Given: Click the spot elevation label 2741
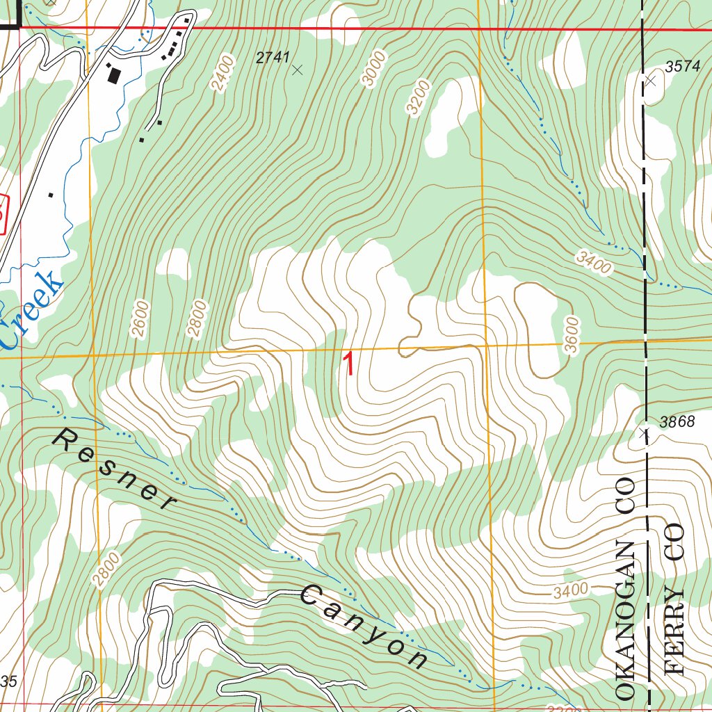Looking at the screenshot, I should click(272, 58).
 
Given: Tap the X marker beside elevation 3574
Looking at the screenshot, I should click(651, 81).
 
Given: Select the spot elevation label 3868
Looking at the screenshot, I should click(677, 422).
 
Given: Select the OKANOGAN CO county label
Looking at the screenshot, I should click(625, 588).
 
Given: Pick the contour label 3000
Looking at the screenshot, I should click(373, 72).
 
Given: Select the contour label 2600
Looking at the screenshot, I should click(140, 318).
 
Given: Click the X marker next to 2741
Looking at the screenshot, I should click(298, 70).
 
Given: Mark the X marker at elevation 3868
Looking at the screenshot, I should click(644, 434).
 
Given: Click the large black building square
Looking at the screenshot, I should click(113, 74).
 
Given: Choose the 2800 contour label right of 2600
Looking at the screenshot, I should click(197, 318).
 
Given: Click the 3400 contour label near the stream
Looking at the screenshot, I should click(593, 263).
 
